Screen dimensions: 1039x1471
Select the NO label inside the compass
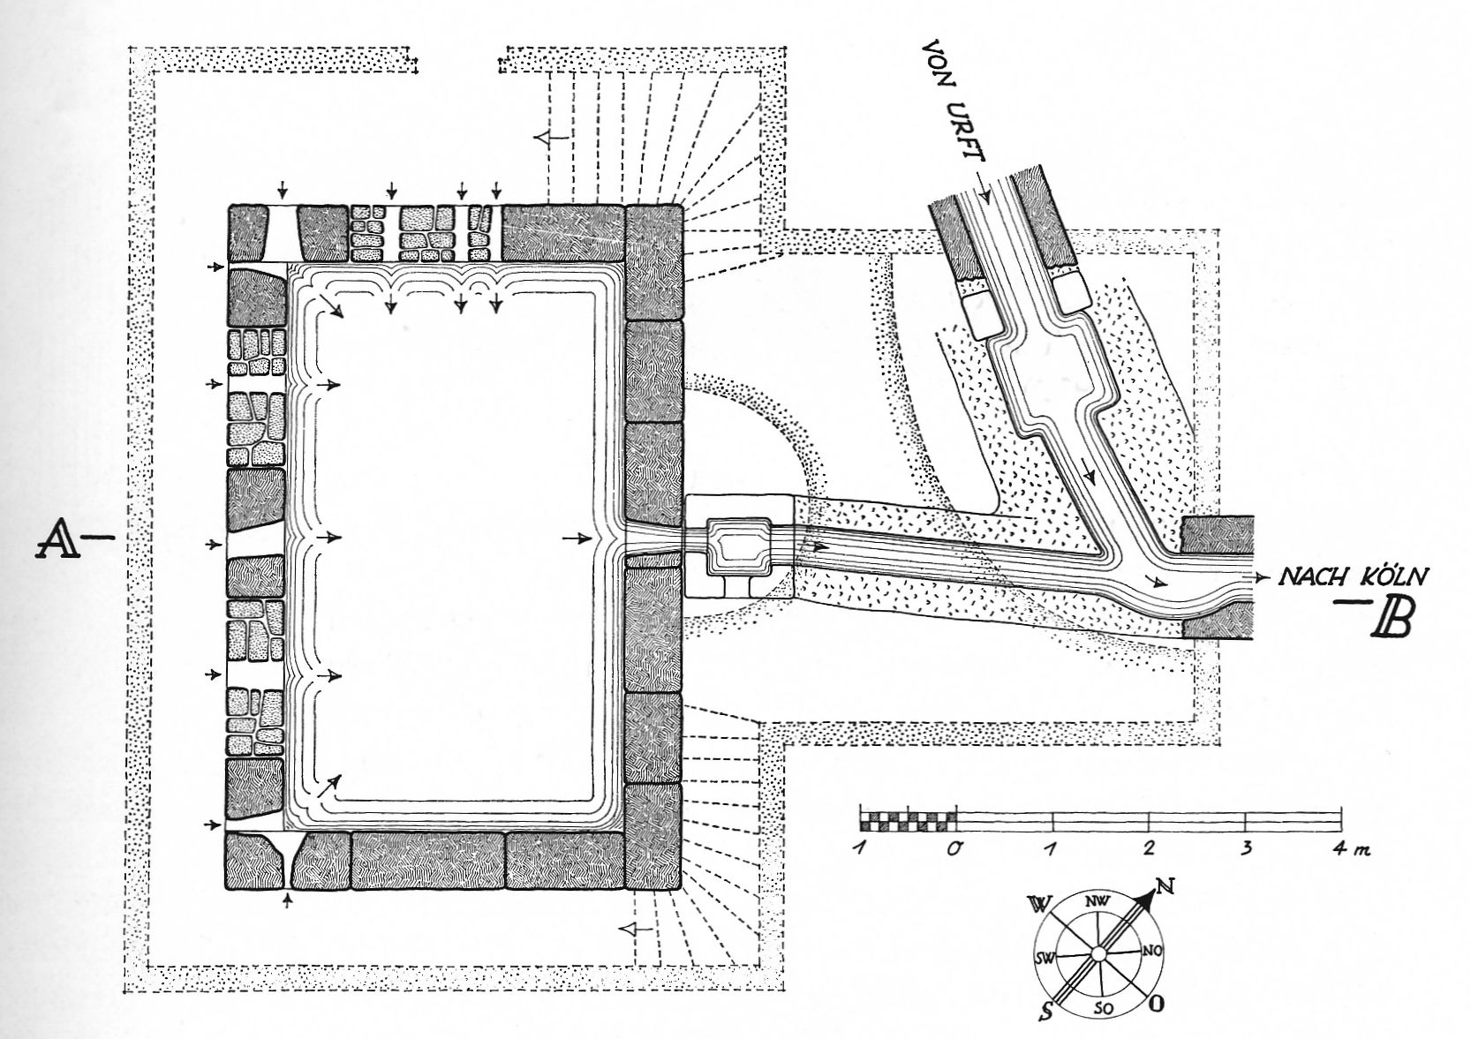click(x=1151, y=951)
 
